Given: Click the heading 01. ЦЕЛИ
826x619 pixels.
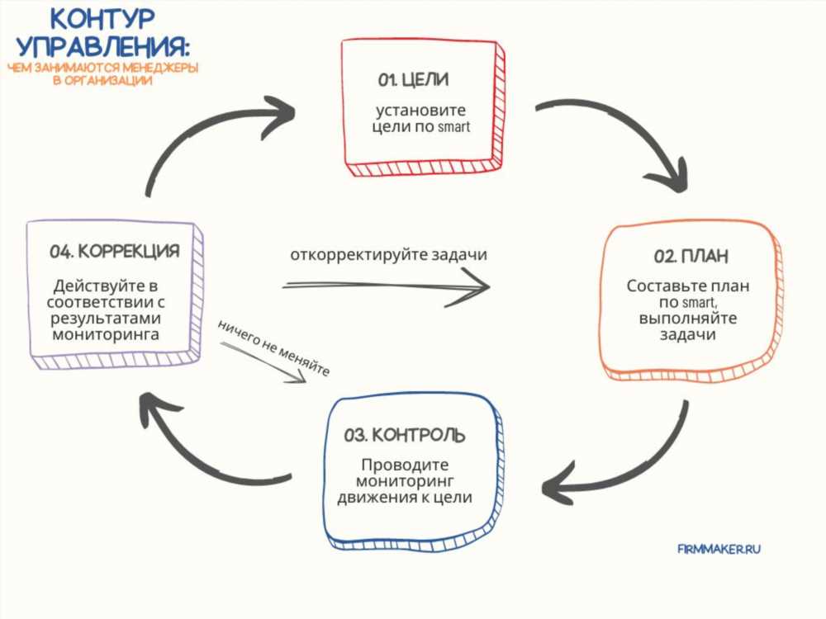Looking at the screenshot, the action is click(413, 80).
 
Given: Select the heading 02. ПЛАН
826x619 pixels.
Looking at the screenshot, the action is click(691, 257).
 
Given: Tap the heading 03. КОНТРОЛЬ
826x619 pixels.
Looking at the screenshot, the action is click(405, 435).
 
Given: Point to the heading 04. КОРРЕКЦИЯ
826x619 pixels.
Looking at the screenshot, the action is click(114, 252).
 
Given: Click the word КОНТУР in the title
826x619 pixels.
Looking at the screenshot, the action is click(102, 20).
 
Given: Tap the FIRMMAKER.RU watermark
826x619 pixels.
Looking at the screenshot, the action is click(719, 549).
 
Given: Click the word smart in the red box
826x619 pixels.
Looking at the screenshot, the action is click(453, 127).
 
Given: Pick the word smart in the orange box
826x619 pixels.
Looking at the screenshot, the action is click(699, 303).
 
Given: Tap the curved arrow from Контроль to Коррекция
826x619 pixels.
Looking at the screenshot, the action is click(195, 452).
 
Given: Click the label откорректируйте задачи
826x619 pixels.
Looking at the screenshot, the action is click(389, 255).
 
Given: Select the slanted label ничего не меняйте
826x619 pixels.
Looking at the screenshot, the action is click(274, 348).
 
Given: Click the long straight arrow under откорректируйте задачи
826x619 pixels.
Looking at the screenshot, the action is click(386, 286).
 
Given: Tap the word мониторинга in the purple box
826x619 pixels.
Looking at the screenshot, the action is click(106, 335).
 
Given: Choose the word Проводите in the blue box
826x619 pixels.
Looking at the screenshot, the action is click(405, 465).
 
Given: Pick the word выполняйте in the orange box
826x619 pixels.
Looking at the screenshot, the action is click(688, 319).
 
